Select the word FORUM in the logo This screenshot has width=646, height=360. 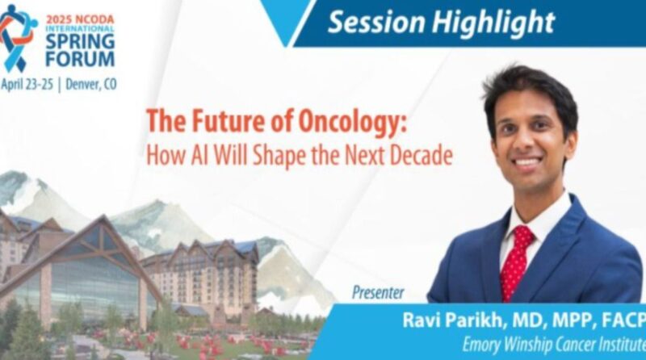tap(79, 60)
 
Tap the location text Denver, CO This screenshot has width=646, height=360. tap(90, 84)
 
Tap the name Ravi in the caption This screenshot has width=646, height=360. tap(422, 320)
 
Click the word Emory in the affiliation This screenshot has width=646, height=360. tap(482, 345)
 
